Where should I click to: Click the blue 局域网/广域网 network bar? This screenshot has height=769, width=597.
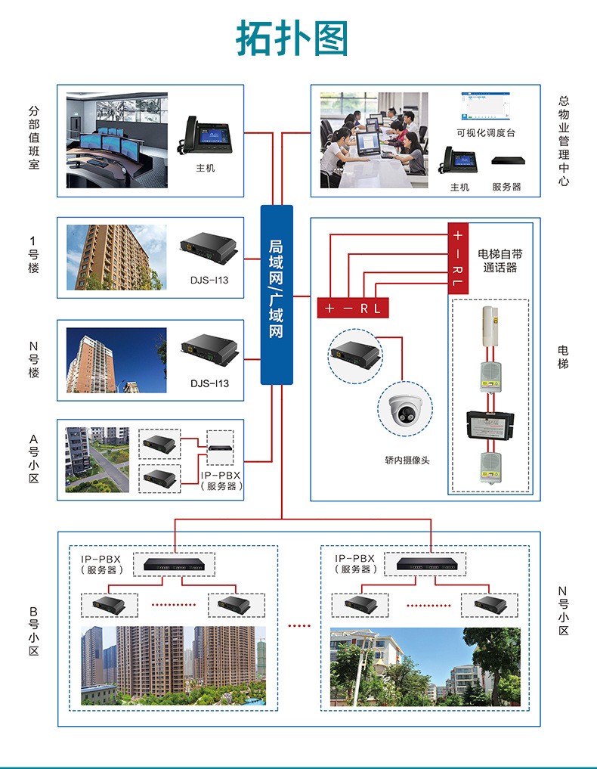point(277,294)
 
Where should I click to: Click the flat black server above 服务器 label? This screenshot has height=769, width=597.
point(506,160)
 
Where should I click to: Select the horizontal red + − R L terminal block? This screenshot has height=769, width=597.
point(352,309)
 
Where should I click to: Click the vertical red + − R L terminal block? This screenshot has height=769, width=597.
point(458,258)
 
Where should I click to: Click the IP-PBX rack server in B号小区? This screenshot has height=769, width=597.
point(175,563)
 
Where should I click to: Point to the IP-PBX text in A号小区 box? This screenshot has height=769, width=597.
point(221,475)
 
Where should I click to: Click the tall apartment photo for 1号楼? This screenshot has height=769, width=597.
point(116,257)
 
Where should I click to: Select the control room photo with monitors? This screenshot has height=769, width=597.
point(116,141)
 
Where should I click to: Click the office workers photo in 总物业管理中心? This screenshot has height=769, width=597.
point(373,141)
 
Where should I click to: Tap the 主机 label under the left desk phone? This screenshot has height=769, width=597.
point(205,168)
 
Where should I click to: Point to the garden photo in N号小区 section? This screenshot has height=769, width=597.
point(425,666)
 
